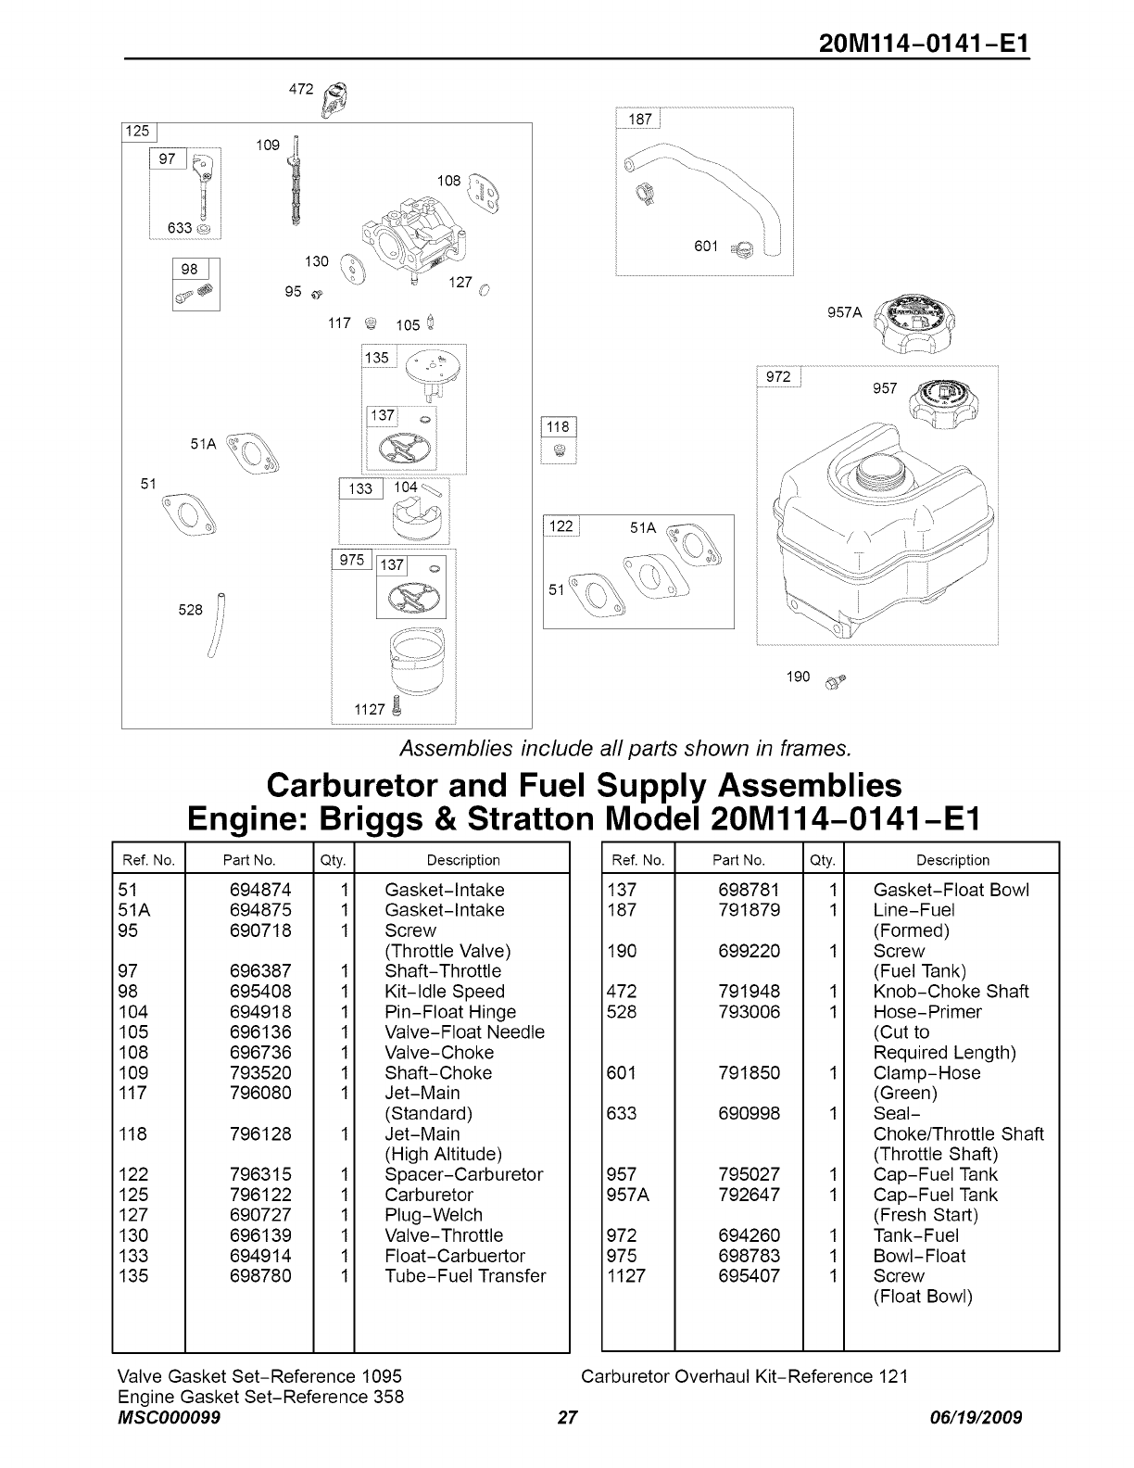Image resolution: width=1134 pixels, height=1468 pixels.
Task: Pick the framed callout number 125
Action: coord(137,132)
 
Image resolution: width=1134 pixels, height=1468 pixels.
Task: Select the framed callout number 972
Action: coord(778,376)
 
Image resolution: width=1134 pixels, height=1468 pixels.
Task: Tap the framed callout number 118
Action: coord(558,427)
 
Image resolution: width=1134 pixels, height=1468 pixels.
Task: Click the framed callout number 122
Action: coord(561,526)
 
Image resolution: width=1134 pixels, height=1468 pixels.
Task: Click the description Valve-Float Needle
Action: coord(464,1032)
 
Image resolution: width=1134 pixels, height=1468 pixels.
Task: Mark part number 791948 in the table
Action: coord(749,992)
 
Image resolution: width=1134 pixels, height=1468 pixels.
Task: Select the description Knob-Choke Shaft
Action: coord(951,992)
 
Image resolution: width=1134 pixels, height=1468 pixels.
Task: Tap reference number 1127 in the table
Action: coord(625,1276)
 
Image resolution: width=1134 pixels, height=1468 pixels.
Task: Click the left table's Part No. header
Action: coord(249,860)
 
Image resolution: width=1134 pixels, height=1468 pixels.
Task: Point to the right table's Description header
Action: coord(952,860)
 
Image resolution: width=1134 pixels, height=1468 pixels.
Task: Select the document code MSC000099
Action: coord(169,1418)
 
